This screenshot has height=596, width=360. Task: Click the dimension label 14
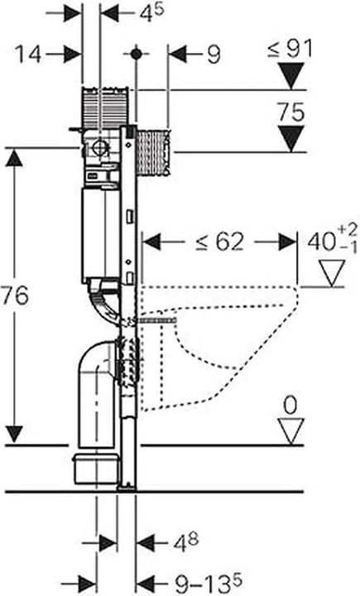tap(28, 54)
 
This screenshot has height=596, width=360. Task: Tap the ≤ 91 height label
tap(290, 49)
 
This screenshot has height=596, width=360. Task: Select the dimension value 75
tap(290, 113)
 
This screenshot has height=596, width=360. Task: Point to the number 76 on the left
tap(14, 296)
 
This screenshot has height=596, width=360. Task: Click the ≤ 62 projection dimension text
tap(219, 242)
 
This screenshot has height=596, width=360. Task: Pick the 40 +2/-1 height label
tap(332, 239)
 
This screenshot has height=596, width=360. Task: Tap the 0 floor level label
tap(290, 406)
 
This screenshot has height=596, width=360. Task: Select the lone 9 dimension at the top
tap(214, 55)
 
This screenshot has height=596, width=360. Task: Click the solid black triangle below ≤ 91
tap(290, 75)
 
